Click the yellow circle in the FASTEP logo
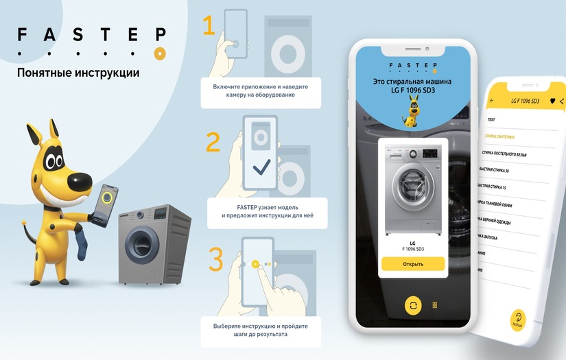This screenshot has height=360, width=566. (159, 53)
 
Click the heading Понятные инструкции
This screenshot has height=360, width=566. (78, 72)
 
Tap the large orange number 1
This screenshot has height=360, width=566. (209, 25)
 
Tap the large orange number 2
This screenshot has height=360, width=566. (213, 142)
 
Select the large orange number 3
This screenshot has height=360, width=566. (215, 261)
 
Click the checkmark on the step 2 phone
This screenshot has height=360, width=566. (261, 167)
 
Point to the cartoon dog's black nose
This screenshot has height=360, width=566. (83, 180)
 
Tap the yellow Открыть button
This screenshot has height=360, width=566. (413, 264)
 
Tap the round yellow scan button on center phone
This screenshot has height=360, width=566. (413, 306)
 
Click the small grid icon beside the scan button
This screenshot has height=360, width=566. (435, 305)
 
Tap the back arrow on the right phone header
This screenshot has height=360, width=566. (492, 101)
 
